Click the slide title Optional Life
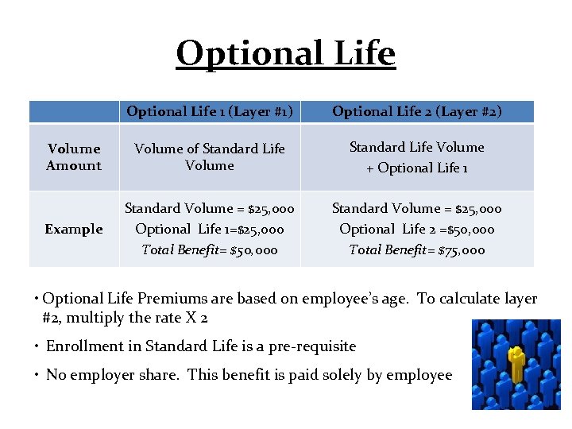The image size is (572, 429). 285,54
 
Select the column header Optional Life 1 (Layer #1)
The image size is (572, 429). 211,111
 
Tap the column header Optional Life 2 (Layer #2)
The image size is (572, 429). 417,111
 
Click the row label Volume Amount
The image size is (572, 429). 74,157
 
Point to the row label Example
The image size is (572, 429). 74,229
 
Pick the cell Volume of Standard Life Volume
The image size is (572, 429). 210,157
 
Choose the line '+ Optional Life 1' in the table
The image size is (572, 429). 417,168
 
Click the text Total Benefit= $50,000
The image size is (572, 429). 210,250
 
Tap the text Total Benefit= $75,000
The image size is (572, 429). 417,250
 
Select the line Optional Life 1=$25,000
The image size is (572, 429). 210,229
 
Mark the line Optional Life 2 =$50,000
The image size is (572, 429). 417,229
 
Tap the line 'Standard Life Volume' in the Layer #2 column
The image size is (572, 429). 417,147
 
